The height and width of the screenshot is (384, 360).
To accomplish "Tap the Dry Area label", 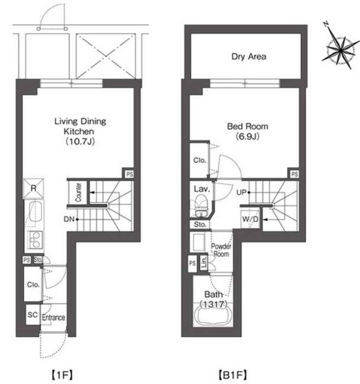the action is tap(249, 57).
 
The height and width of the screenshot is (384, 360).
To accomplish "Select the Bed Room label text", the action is tap(248, 127).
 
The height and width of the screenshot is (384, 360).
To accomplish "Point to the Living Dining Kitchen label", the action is tap(80, 126).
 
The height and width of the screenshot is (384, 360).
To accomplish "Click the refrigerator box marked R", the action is tap(33, 188).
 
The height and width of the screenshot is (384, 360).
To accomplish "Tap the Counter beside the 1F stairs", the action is tap(78, 192).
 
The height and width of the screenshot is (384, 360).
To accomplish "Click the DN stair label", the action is tap(69, 219).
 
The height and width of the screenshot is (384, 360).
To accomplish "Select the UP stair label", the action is tap(241, 192).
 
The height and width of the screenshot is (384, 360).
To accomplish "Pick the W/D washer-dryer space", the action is tap(250, 219).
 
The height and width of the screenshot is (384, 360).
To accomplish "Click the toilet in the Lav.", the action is tap(201, 206).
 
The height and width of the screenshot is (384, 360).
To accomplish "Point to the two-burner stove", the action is tap(34, 240).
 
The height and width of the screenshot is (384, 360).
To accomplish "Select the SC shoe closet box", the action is tap(33, 315).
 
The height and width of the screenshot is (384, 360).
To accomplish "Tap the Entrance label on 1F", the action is tap(53, 318).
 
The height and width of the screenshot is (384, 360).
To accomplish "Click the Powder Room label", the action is tap(221, 250).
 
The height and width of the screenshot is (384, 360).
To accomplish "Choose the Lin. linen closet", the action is tap(203, 263).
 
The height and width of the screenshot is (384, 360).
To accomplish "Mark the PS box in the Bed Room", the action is tap(294, 174).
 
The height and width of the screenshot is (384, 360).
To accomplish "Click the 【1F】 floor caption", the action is tap(62, 375).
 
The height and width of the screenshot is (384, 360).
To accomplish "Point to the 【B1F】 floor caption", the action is tap(232, 375).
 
